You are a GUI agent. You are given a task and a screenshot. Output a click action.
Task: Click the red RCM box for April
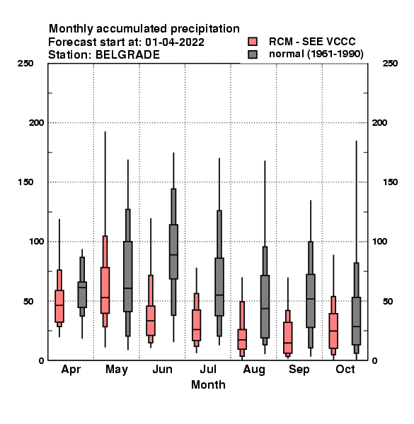point(59,306)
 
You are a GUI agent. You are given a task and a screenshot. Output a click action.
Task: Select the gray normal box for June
point(173,252)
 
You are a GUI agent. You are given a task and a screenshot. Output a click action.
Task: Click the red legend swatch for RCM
point(253,42)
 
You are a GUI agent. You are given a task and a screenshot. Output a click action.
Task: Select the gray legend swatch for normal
point(253,54)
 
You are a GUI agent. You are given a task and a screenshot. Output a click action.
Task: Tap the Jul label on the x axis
point(208,369)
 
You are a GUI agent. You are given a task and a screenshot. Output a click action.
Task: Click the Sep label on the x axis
point(299,370)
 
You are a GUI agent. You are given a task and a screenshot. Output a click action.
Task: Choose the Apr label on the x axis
point(71,370)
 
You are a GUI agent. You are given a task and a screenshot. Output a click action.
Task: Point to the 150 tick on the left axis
point(25,182)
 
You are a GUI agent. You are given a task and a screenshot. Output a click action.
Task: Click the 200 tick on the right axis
point(379,122)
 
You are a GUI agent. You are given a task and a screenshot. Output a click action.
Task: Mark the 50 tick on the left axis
point(28,301)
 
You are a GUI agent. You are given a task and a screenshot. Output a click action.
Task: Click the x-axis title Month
point(208,384)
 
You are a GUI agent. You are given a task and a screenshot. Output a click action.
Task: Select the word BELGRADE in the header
point(127,55)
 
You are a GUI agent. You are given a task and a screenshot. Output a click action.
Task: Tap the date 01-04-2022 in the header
point(175,42)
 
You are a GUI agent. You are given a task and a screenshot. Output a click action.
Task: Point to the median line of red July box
point(196,329)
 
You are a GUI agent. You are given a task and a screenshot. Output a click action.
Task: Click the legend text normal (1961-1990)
point(316,54)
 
